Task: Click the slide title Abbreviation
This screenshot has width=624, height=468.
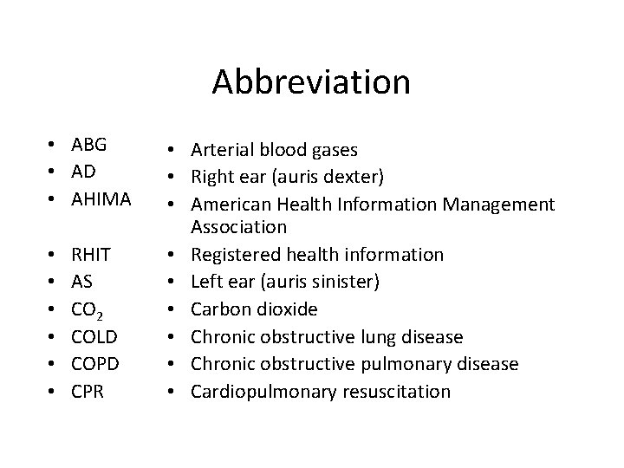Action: [x=311, y=82]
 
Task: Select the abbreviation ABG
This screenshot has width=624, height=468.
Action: [x=89, y=144]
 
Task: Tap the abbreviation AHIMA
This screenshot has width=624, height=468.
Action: [x=101, y=199]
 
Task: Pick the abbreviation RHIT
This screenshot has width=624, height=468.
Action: [x=91, y=255]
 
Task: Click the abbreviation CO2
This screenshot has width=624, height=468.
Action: [x=89, y=310]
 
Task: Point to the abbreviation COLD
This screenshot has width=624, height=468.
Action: [x=94, y=337]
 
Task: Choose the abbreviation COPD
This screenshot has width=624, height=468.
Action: [x=94, y=364]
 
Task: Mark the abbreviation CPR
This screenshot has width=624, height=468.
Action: [x=88, y=392]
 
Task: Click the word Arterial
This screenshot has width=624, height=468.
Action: [x=222, y=149]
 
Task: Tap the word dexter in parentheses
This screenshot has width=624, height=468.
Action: [x=354, y=177]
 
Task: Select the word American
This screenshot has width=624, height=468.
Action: [x=229, y=205]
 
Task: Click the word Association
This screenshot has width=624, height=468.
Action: [x=238, y=227]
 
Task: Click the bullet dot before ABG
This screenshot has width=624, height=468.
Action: [x=54, y=145]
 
